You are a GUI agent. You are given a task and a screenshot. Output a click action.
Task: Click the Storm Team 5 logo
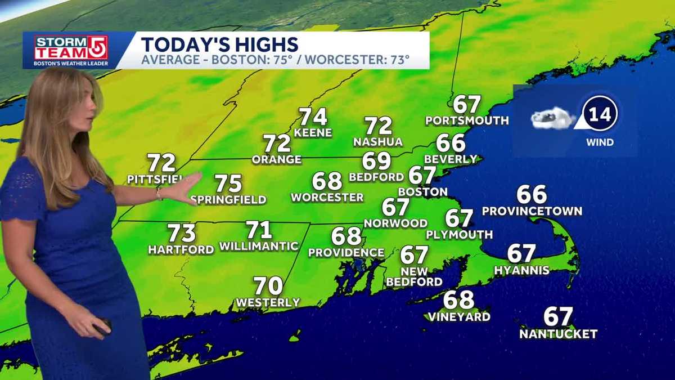click(x=63, y=51)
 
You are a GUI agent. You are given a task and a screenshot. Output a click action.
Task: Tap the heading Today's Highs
click(x=219, y=44)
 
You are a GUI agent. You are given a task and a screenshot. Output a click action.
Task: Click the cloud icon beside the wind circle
click(x=552, y=118)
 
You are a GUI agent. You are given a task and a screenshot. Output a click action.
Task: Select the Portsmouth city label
click(x=467, y=120)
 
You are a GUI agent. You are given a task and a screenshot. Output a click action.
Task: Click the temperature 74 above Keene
click(x=313, y=117)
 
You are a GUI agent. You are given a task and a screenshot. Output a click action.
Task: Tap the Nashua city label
click(x=378, y=142)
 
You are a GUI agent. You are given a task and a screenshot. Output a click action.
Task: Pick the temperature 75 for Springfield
click(x=228, y=184)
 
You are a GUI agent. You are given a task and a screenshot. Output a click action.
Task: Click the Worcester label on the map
click(x=327, y=198)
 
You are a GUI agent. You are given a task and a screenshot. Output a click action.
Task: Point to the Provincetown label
click(x=532, y=212)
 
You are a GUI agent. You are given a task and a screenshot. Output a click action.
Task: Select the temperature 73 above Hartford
click(x=182, y=233)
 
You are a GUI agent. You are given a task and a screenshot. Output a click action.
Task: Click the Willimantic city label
click(x=259, y=246)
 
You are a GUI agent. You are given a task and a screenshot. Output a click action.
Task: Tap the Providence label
click(x=346, y=253)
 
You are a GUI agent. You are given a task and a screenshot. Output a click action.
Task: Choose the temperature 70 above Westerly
click(x=268, y=286)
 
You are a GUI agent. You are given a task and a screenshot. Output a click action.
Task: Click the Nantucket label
click(x=558, y=334)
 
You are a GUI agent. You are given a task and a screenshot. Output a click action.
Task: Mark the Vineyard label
click(x=458, y=317)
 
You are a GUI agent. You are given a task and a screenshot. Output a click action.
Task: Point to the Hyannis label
click(x=521, y=271)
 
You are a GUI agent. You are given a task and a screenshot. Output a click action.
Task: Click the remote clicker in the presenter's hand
click(x=102, y=327)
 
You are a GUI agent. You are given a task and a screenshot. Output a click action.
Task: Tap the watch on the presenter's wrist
click(x=160, y=194)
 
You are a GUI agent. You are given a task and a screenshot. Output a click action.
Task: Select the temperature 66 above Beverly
click(x=451, y=142)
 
